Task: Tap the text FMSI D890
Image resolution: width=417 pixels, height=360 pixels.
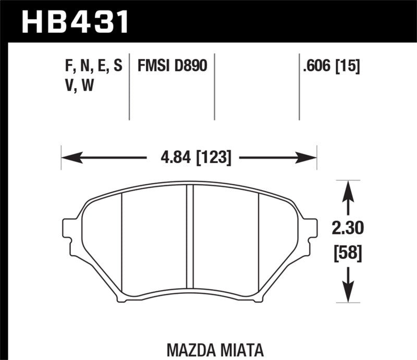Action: (172, 66)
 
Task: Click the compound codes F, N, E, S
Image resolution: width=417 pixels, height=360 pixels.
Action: (91, 66)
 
